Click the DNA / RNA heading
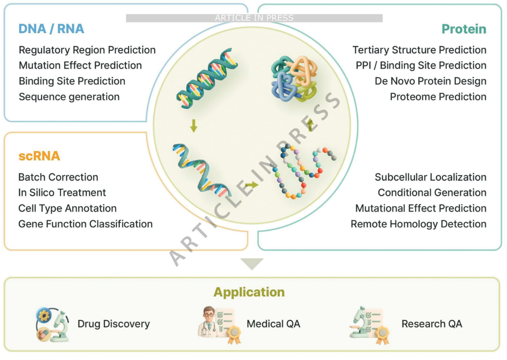51,29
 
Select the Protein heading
464,29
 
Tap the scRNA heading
39,156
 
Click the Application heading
249,292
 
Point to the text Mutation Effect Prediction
80,65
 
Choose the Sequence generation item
69,97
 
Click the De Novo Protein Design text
431,81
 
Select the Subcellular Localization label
431,177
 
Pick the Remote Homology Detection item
419,224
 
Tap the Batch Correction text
58,177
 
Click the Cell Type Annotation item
67,208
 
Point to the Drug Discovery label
114,324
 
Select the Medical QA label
273,324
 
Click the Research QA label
432,324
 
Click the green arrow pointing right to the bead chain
252,185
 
